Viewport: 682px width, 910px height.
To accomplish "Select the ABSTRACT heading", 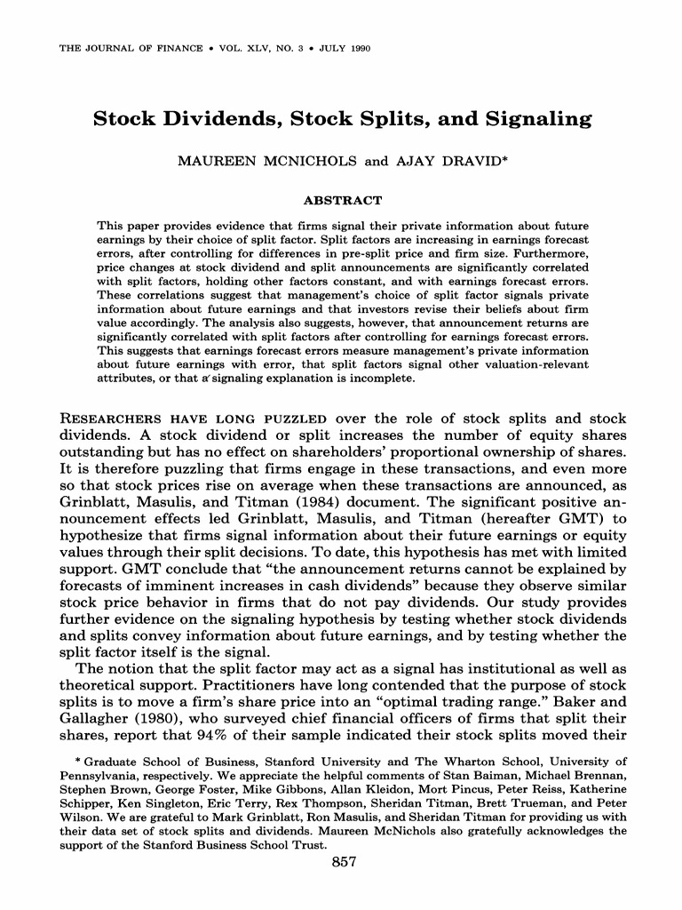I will [342, 200].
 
